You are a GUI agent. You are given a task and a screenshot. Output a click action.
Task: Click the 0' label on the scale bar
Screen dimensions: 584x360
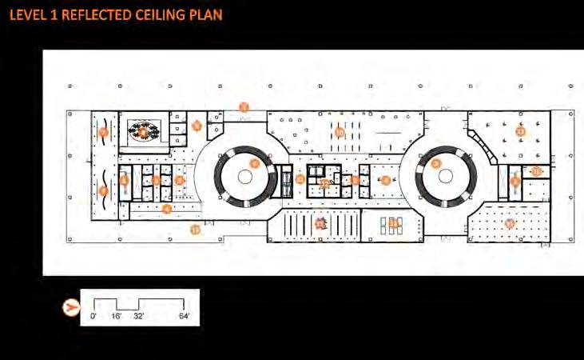click(x=93, y=317)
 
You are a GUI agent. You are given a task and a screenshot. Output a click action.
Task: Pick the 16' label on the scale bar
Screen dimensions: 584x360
click(x=116, y=317)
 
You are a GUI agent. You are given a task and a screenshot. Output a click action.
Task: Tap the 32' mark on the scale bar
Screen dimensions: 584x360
click(x=139, y=317)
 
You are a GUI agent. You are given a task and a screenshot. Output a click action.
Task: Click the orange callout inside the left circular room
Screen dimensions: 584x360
click(x=255, y=163)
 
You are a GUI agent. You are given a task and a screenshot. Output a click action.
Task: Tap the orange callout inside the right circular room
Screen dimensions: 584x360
click(x=436, y=163)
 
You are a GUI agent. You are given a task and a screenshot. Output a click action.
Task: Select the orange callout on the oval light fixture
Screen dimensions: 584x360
click(x=143, y=133)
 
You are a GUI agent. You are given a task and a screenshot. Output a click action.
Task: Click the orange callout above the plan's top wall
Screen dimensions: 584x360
click(x=245, y=106)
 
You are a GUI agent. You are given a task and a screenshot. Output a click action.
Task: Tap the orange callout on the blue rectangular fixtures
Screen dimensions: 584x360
click(x=392, y=223)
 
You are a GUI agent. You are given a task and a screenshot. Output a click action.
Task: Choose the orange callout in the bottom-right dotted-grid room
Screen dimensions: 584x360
click(x=511, y=224)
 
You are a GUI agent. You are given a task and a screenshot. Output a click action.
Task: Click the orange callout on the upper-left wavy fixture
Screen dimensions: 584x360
click(x=103, y=133)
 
